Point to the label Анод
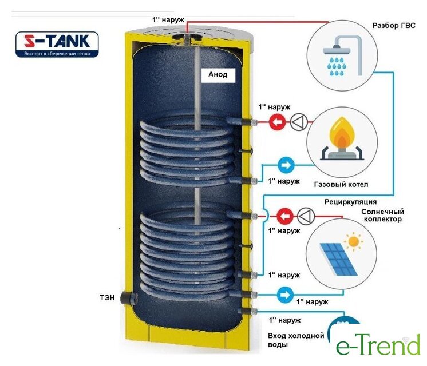[218, 74]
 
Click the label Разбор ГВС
[393, 25]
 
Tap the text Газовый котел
[341, 185]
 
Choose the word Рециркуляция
[350, 201]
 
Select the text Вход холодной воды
[296, 340]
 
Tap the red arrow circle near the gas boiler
[278, 121]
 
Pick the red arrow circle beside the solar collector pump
[284, 216]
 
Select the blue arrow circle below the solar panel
[284, 295]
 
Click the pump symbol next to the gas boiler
[299, 121]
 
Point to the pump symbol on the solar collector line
[306, 216]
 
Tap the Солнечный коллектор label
[382, 216]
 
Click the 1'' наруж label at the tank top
[168, 20]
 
